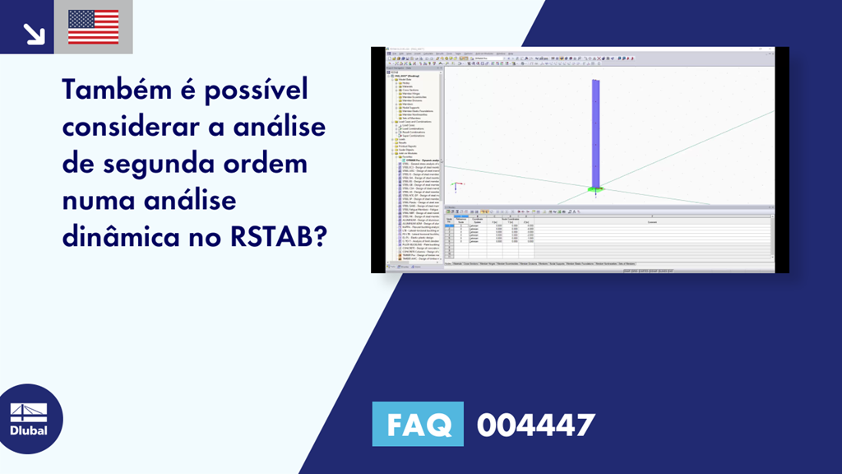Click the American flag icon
(x=93, y=27)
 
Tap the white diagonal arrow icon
(x=33, y=32)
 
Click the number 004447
(x=535, y=425)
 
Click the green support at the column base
(x=594, y=191)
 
